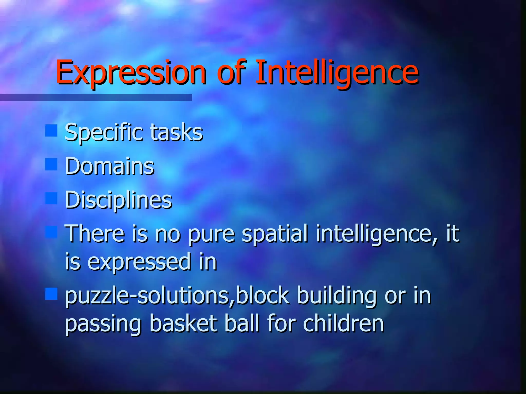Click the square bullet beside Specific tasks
(x=51, y=131)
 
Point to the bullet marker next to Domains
(x=51, y=164)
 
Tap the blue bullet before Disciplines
(x=51, y=198)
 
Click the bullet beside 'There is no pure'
(x=51, y=232)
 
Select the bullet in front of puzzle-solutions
(x=51, y=294)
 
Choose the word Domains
(x=110, y=166)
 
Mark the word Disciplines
(x=118, y=200)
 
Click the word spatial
(x=275, y=233)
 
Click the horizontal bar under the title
(x=96, y=97)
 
